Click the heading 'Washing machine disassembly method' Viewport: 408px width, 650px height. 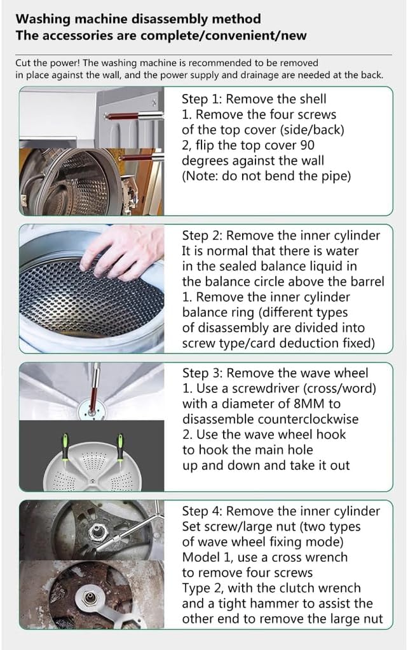click(x=138, y=19)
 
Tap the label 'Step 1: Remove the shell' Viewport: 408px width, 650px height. click(x=254, y=99)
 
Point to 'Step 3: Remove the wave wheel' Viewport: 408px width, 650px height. click(x=275, y=373)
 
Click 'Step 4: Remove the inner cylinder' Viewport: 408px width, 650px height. click(x=281, y=511)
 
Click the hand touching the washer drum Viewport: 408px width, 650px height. click(x=124, y=251)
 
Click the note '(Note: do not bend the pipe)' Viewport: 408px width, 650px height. click(x=266, y=176)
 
